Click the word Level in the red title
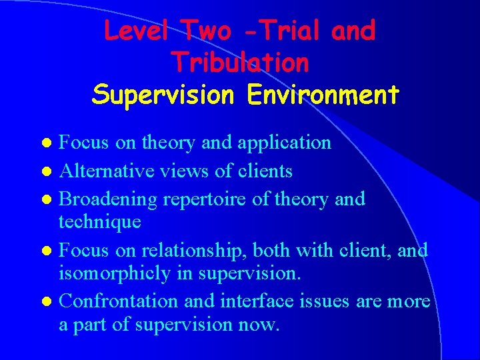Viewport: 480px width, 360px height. pos(137,31)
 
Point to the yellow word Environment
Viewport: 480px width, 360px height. pos(323,95)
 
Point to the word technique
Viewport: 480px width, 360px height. pos(100,221)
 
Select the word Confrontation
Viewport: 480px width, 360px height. pos(119,301)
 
